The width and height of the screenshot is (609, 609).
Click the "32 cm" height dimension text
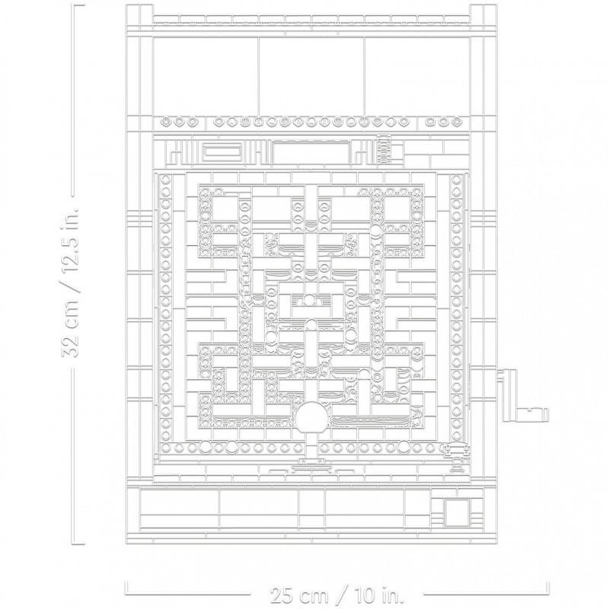pos(70,329)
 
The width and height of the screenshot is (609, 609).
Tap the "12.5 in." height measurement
pos(70,240)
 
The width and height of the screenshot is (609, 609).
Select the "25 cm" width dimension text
pos(299,595)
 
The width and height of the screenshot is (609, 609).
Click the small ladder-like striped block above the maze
pos(384,149)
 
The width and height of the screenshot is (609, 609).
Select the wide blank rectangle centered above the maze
pos(311,154)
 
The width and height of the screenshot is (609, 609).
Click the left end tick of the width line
pos(126,587)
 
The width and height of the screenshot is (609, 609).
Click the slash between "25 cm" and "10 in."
pos(340,595)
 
